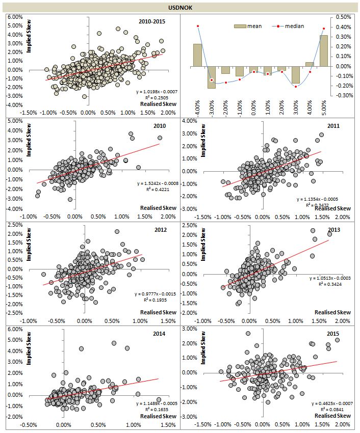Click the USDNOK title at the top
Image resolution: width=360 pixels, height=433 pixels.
point(179,8)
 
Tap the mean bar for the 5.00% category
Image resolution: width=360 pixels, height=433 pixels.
point(324,50)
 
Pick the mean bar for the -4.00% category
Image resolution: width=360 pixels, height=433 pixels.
point(197,55)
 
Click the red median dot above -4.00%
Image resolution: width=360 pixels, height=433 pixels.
point(197,26)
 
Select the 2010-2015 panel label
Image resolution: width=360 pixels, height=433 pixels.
point(152,21)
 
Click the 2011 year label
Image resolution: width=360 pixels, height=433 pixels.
point(333,125)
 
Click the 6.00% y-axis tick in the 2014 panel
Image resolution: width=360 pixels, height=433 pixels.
point(15,329)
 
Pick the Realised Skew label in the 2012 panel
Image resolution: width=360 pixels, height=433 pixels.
point(158,312)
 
